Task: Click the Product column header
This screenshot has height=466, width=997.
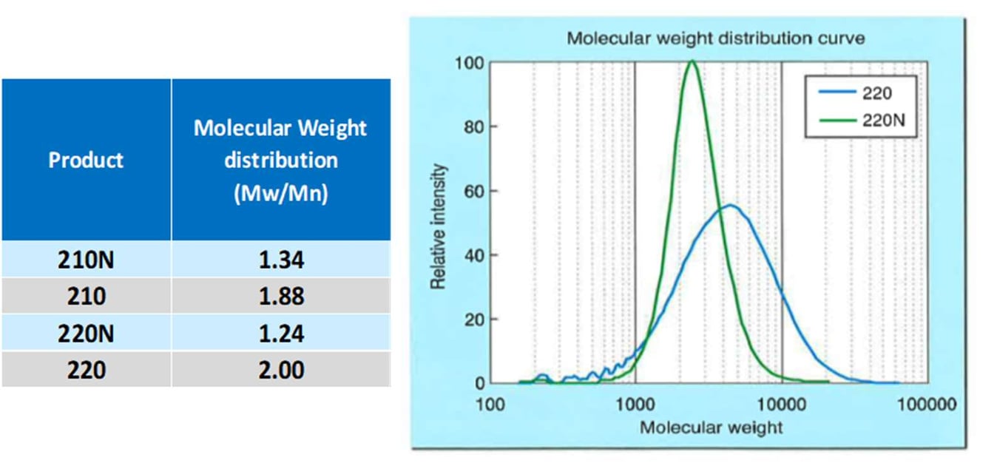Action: tap(86, 160)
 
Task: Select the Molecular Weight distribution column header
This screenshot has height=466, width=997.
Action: tap(280, 160)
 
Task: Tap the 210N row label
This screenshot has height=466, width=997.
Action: tap(86, 260)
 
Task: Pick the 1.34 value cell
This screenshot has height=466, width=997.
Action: tap(280, 260)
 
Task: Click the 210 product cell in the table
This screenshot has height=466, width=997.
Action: tap(86, 296)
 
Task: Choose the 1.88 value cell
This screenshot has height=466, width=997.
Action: tap(280, 296)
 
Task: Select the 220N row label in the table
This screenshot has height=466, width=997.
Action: tap(86, 333)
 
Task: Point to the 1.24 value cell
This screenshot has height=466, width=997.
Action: tap(280, 333)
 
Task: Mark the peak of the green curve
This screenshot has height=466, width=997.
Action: tap(692, 61)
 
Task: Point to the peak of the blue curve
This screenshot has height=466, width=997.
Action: tap(730, 205)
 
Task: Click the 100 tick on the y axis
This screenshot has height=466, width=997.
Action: tap(470, 64)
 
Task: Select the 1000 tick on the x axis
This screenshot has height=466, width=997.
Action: tap(635, 405)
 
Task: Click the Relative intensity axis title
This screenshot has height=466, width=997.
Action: tap(438, 226)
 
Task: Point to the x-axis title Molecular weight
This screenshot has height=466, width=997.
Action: tap(711, 427)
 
